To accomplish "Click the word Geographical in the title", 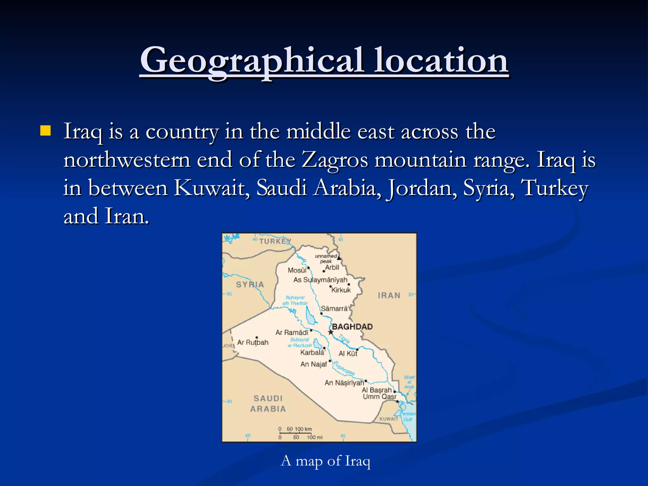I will pyautogui.click(x=252, y=60).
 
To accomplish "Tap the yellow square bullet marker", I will pyautogui.click(x=46, y=130).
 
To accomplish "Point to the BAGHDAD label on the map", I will pyautogui.click(x=352, y=327).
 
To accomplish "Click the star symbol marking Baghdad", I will pyautogui.click(x=331, y=332).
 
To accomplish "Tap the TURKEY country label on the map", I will pyautogui.click(x=275, y=241).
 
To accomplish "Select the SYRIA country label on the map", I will pyautogui.click(x=250, y=284).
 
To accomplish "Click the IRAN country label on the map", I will pyautogui.click(x=389, y=295).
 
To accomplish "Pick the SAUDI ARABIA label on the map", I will pyautogui.click(x=268, y=403).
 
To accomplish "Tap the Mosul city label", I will pyautogui.click(x=297, y=270).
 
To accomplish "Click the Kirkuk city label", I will pyautogui.click(x=341, y=290).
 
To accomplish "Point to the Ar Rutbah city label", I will pyautogui.click(x=253, y=342).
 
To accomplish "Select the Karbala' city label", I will pyautogui.click(x=312, y=352).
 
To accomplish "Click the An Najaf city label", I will pyautogui.click(x=314, y=364).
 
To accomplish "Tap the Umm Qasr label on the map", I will pyautogui.click(x=379, y=397).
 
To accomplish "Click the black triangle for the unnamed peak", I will pyautogui.click(x=339, y=258).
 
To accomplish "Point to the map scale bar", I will pyautogui.click(x=296, y=433).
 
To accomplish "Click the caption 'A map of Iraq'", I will pyautogui.click(x=325, y=461).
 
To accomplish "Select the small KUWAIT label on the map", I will pyautogui.click(x=389, y=419).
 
